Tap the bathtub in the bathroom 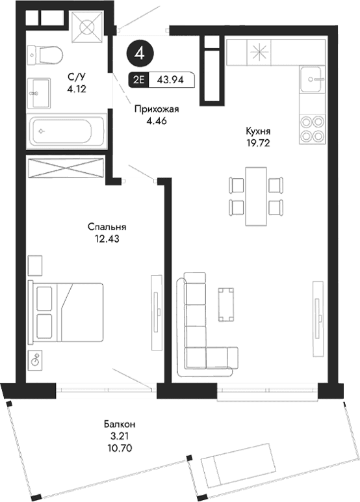66,130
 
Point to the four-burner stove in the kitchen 311,129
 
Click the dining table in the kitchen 257,195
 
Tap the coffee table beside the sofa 227,304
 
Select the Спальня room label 107,227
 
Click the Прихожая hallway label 157,110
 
